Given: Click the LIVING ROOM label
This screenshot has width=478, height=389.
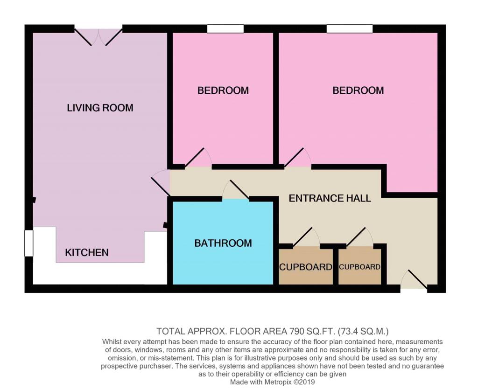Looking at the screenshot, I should [x=100, y=108].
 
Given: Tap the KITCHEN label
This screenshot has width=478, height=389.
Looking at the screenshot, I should [x=87, y=252].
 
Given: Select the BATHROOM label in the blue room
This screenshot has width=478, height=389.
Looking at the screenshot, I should [x=223, y=243].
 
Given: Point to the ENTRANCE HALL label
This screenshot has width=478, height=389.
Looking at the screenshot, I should [x=330, y=198].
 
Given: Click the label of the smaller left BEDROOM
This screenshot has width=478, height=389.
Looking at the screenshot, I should [x=223, y=90].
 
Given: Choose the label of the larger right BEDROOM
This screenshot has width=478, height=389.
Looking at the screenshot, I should [x=358, y=90].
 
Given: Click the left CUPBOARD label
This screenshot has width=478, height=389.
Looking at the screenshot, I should [x=305, y=267].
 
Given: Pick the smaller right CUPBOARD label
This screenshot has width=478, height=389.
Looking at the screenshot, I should [x=359, y=267].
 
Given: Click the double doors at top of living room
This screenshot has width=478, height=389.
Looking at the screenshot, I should [x=98, y=36].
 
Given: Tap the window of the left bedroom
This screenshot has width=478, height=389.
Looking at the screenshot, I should [x=225, y=29].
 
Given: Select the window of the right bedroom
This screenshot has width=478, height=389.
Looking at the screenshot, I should [x=350, y=29].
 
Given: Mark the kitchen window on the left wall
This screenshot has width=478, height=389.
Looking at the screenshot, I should [x=29, y=243].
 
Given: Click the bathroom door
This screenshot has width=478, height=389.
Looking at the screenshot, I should [x=236, y=191].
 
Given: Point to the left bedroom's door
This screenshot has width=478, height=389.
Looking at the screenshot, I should [x=198, y=159].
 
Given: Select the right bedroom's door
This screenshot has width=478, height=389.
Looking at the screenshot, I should [x=297, y=159].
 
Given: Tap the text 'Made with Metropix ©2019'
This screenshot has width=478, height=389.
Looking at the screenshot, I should [x=273, y=382].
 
